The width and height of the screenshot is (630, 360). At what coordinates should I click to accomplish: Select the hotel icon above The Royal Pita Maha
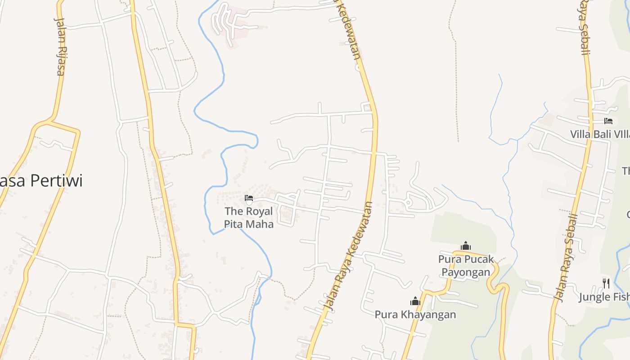click(249, 198)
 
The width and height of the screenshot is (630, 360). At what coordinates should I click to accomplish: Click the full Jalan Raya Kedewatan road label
click(348, 256)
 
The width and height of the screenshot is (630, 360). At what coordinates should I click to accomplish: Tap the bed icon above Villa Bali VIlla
click(608, 121)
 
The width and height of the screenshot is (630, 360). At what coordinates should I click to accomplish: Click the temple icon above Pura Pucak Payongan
click(466, 246)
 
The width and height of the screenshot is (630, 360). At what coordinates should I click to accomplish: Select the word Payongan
click(466, 272)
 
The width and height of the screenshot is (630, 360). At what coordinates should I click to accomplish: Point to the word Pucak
click(479, 259)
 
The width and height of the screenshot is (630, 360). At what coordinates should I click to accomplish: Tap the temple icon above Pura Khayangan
click(415, 301)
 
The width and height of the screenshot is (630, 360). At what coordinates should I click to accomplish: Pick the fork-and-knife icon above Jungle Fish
click(606, 283)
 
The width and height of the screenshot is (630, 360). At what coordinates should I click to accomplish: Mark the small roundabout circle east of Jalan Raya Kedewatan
click(409, 203)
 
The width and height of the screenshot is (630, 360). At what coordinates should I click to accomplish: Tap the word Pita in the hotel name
click(234, 224)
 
